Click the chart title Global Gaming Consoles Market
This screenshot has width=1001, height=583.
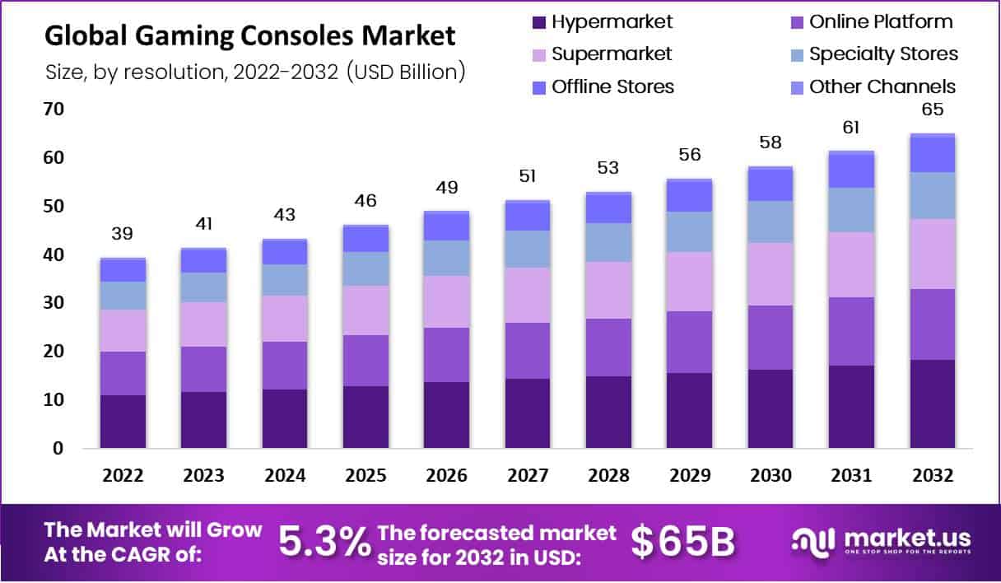point(249,35)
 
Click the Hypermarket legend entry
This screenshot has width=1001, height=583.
point(603,22)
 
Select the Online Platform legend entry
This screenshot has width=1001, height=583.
point(872,22)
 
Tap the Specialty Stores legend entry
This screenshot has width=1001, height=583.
point(874,54)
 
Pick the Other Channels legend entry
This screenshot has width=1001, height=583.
point(873,86)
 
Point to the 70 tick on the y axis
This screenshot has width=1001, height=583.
point(54,109)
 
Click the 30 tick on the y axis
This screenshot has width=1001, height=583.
point(54,303)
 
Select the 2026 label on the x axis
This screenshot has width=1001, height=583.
point(446,475)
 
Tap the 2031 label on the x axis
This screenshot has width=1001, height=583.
point(851,475)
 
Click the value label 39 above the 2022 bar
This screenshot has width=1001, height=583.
point(122,233)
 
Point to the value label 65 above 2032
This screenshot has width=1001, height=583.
point(933,110)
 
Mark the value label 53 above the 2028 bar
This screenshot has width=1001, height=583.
point(608,168)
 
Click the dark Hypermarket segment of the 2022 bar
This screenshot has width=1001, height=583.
point(123,422)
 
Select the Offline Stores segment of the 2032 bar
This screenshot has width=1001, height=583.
point(933,155)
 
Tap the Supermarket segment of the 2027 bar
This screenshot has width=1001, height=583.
point(528,295)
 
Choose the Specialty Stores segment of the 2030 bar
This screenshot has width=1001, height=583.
point(771,222)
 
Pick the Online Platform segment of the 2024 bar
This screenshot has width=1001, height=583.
point(285,366)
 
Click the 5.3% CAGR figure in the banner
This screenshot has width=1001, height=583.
point(324,542)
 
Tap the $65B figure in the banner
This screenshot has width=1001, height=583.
point(683,542)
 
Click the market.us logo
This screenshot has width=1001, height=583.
point(882,543)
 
